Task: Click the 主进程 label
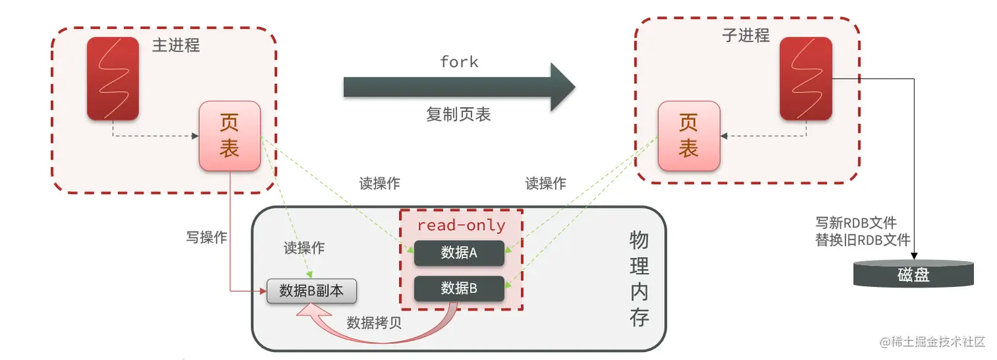click(175, 45)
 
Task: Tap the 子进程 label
click(746, 36)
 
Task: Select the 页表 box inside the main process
click(229, 135)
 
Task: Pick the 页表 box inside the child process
click(688, 135)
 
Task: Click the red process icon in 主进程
click(113, 78)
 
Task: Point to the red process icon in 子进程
click(806, 78)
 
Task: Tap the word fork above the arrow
click(459, 62)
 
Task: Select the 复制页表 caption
click(458, 114)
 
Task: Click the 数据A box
click(459, 253)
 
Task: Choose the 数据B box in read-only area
click(459, 288)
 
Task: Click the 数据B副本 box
click(311, 291)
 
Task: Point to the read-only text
click(461, 225)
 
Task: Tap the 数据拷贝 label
click(374, 323)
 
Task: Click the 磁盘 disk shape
click(913, 274)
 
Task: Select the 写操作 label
click(206, 237)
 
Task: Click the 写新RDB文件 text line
click(856, 223)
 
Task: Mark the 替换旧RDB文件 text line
click(862, 240)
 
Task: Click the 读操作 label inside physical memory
click(304, 248)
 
